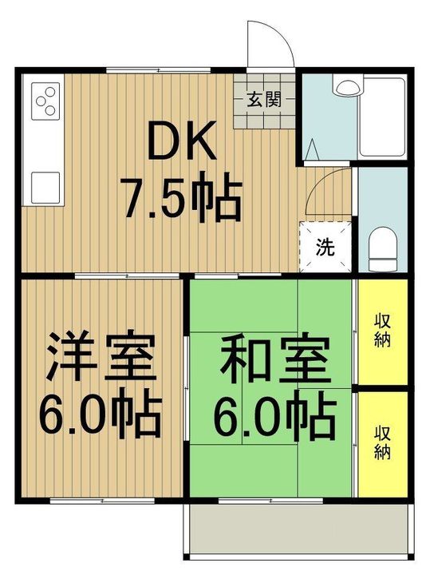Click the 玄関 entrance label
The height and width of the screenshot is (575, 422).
pos(264,99)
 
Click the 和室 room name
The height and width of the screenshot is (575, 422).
pos(274,355)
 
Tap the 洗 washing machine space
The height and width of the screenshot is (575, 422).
pos(325,247)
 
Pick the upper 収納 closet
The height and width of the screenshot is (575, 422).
pos(383,332)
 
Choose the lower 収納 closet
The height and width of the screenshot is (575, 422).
pos(383,445)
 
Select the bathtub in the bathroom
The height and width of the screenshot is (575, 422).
pos(382,117)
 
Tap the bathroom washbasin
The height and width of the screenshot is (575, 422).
pos(347,86)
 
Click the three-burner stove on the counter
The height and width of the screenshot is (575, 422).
pos(45,101)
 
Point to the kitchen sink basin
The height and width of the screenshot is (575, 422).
pos(45,188)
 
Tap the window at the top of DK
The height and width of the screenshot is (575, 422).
pos(158,70)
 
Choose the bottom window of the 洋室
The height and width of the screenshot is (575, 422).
pos(102,501)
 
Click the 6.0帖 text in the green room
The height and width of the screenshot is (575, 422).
pos(274,415)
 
